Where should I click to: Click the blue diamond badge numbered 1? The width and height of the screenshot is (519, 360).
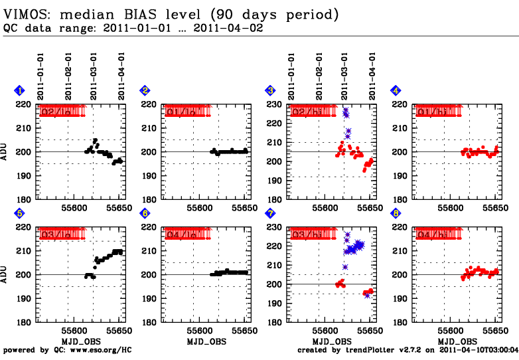click(x=20, y=90)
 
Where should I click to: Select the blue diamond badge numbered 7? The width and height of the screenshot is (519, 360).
click(x=270, y=213)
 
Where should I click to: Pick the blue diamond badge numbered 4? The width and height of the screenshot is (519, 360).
click(x=396, y=90)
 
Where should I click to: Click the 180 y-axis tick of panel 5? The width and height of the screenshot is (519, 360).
click(x=27, y=323)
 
